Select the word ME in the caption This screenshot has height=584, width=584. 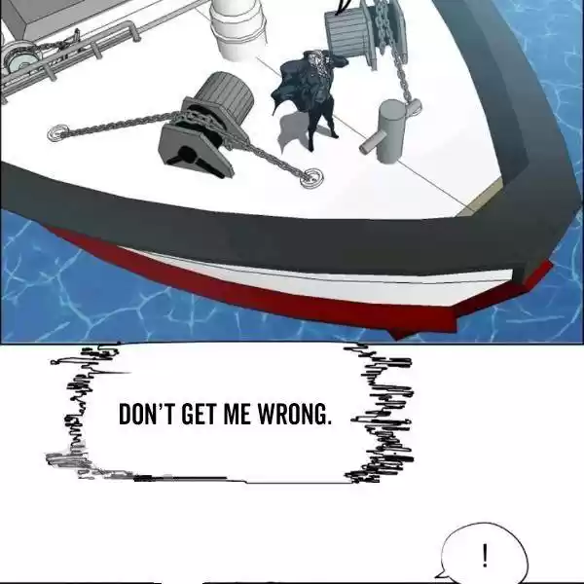pos(237,414)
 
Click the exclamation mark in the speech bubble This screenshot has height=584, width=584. pos(485,556)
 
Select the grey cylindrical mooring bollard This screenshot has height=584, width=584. pos(391,130)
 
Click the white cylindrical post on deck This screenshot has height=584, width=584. pos(237,28)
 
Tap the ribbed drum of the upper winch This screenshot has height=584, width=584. pos(346,33)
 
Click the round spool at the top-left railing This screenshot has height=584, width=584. pos(20,59)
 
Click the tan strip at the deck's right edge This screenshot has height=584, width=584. pos(481,198)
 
